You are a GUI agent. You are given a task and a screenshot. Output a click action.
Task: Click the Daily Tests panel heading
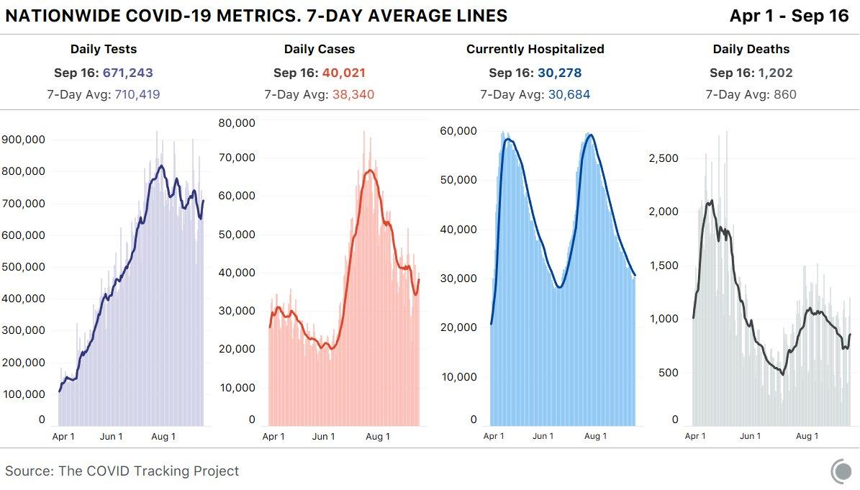point(104,50)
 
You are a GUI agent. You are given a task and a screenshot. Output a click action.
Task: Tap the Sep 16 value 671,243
point(128,73)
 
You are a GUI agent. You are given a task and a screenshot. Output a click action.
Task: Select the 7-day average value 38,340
point(353,94)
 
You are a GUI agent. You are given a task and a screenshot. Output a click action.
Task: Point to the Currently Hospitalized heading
point(535,50)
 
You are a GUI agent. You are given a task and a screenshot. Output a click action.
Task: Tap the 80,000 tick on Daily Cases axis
point(237,122)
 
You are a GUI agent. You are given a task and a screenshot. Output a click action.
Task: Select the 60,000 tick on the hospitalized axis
point(458,131)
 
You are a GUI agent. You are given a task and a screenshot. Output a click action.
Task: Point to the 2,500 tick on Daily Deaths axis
point(664,158)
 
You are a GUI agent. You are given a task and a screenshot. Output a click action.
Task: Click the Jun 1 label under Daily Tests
point(111,436)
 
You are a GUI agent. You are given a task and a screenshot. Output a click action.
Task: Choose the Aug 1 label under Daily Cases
point(377,436)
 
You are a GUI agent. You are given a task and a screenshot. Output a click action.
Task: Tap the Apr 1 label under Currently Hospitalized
point(494,436)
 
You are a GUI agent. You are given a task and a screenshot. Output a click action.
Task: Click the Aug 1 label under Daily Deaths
point(807,436)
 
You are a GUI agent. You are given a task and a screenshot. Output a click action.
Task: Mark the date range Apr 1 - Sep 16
point(789,16)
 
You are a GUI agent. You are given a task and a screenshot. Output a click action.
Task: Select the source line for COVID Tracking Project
point(122,471)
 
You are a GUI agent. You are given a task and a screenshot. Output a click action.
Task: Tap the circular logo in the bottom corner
point(841,472)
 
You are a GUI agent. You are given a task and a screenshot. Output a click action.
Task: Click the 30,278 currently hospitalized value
point(559,73)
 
